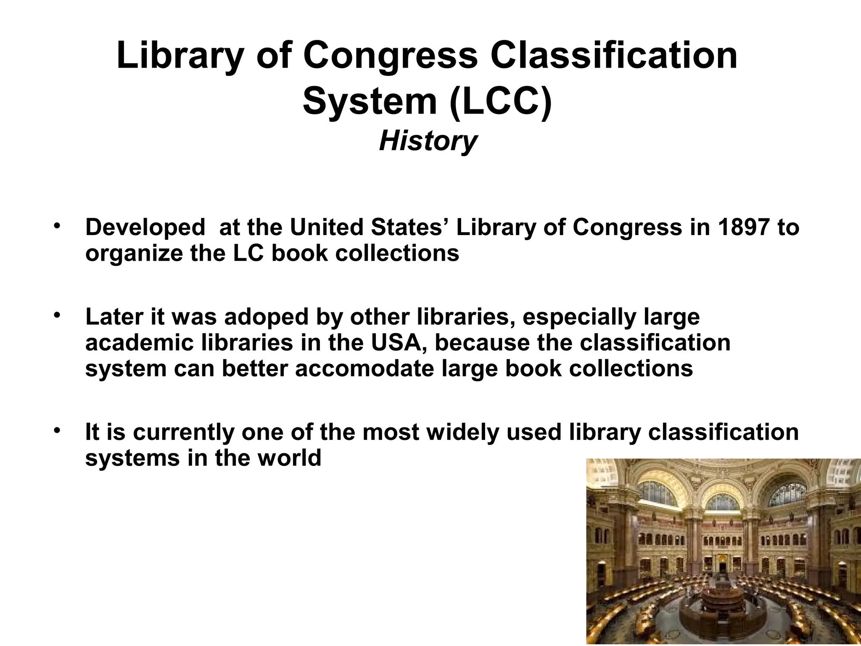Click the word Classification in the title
(x=613, y=56)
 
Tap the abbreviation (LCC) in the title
(x=500, y=102)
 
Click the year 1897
(x=744, y=228)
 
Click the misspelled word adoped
(x=267, y=317)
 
